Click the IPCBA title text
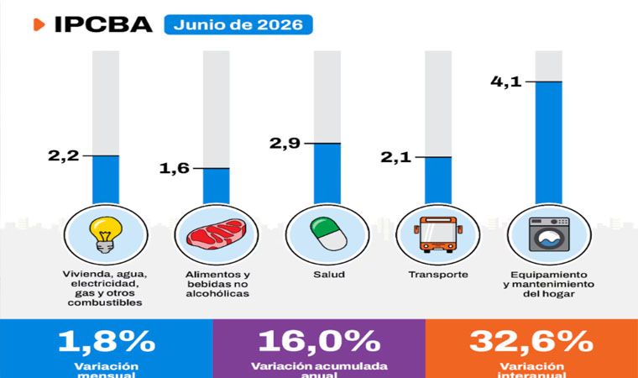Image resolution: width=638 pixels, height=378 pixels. pyautogui.click(x=103, y=24)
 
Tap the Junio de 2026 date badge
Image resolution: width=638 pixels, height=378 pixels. pyautogui.click(x=238, y=24)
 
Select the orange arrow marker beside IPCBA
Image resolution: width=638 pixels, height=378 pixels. pyautogui.click(x=39, y=24)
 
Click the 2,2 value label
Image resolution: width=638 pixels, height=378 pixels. pyautogui.click(x=64, y=155)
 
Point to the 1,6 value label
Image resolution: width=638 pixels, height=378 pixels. pyautogui.click(x=174, y=168)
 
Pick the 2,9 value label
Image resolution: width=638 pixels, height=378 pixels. pyautogui.click(x=285, y=143)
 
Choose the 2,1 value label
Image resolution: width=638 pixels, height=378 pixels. pyautogui.click(x=395, y=157)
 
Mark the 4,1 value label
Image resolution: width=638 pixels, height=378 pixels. pyautogui.click(x=505, y=81)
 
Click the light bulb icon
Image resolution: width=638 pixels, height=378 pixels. pyautogui.click(x=106, y=234)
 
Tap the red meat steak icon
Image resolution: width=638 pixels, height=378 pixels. pyautogui.click(x=217, y=233)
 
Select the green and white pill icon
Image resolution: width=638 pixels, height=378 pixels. pyautogui.click(x=328, y=234)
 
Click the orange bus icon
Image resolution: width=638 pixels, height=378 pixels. pyautogui.click(x=438, y=234)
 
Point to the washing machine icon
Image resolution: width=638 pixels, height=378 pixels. pyautogui.click(x=549, y=234)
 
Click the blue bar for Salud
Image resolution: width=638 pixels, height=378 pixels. pyautogui.click(x=327, y=174)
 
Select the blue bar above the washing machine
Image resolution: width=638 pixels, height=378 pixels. pyautogui.click(x=548, y=143)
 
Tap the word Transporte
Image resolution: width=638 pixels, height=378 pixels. pyautogui.click(x=438, y=275)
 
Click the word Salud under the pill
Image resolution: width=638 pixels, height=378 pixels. pyautogui.click(x=329, y=275)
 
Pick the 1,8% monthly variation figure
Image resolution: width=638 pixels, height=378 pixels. pyautogui.click(x=107, y=341)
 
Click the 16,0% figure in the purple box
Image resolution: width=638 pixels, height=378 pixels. pyautogui.click(x=319, y=341)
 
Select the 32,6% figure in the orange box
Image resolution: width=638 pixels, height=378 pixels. pyautogui.click(x=531, y=341)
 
